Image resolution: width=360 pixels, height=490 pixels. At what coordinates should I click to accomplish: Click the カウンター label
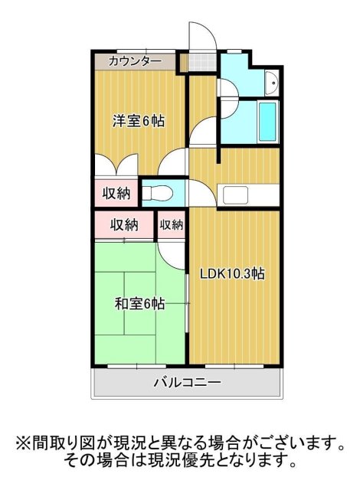click(136, 61)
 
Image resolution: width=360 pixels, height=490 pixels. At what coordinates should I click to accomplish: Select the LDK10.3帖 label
click(233, 274)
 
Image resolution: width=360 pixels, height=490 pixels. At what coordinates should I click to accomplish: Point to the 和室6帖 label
click(139, 304)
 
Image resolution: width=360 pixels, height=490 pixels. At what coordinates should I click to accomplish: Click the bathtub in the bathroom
click(267, 120)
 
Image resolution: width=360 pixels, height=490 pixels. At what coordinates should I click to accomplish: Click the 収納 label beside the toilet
click(116, 193)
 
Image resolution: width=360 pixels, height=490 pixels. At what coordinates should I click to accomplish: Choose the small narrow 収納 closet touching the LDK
click(172, 224)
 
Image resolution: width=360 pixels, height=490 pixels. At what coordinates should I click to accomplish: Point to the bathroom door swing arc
click(205, 130)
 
